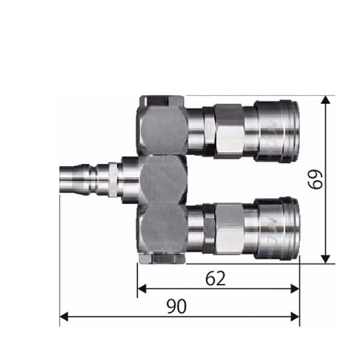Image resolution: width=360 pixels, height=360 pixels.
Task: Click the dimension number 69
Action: [x=315, y=179]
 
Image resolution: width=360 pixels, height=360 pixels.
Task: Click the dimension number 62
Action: [x=215, y=278]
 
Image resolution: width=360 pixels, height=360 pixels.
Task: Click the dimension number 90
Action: [x=176, y=306]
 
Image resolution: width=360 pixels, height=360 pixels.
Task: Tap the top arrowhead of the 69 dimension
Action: [x=325, y=99]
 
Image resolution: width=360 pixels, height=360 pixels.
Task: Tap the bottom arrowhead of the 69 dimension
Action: [x=325, y=259]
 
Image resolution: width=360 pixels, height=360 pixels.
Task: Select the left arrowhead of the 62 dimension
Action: [x=142, y=289]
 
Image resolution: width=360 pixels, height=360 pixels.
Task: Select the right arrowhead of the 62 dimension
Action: [x=295, y=289]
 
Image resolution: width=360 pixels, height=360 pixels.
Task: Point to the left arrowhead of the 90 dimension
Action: [x=64, y=317]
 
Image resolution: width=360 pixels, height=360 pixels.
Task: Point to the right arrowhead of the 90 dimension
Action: [x=295, y=317]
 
